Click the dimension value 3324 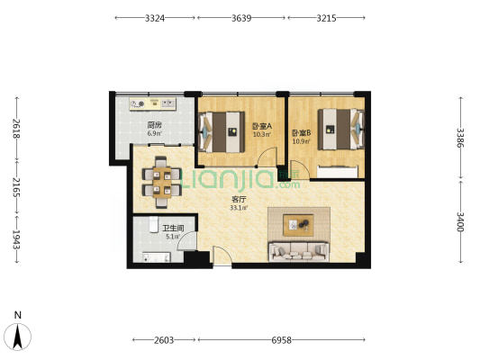(x=155, y=18)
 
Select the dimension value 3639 (x=241, y=18)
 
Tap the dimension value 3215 (x=326, y=18)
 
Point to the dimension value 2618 (x=16, y=129)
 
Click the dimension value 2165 (x=16, y=187)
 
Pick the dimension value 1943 (x=16, y=239)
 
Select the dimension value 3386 (x=460, y=138)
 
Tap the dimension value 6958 (x=281, y=340)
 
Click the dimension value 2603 (x=164, y=340)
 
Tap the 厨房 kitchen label (x=154, y=125)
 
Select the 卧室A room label (x=262, y=126)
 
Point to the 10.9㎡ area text (x=301, y=141)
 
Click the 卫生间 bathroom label (x=173, y=229)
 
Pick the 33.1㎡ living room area (x=239, y=208)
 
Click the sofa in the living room (x=299, y=252)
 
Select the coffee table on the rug (x=298, y=225)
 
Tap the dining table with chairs (x=162, y=183)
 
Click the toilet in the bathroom (x=153, y=224)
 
